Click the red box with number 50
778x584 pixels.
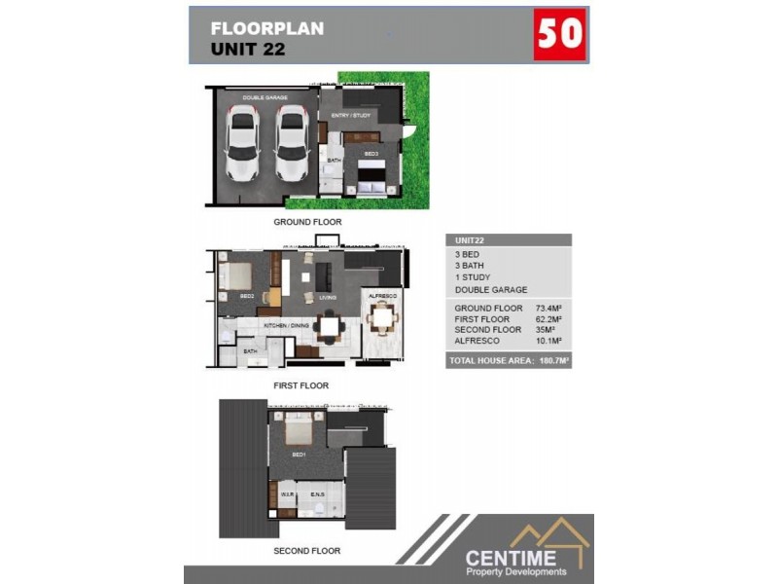(x=560, y=35)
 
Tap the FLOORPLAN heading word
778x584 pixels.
(x=267, y=28)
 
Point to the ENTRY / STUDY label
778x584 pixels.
(x=350, y=116)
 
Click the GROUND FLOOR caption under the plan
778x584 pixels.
(x=307, y=222)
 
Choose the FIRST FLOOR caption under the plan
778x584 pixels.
(x=301, y=385)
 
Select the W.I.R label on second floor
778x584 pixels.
(x=287, y=494)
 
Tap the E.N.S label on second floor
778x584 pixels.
(x=317, y=494)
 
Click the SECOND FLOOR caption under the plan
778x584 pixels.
(x=306, y=551)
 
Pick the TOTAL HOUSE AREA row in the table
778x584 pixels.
(x=509, y=361)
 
